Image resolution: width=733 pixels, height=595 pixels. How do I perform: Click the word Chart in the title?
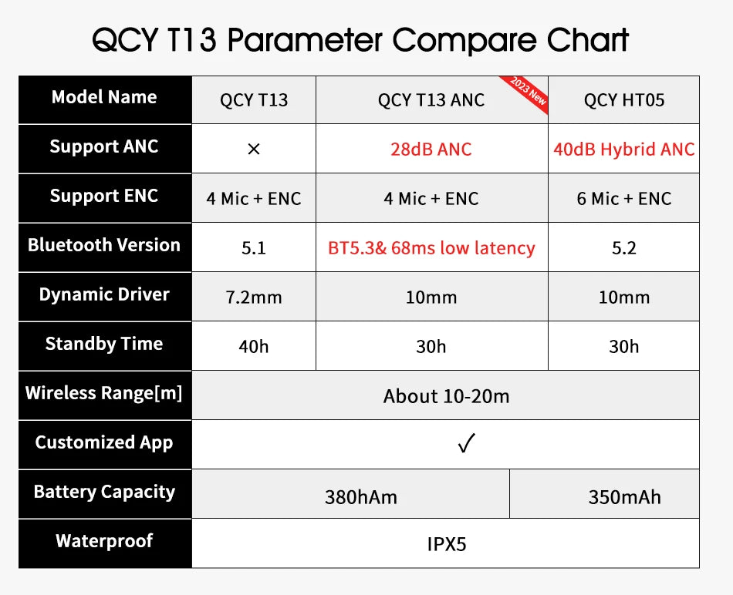coord(588,39)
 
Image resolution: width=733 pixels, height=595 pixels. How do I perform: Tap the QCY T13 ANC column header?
coord(431,100)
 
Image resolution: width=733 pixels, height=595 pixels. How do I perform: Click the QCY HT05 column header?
coord(623,100)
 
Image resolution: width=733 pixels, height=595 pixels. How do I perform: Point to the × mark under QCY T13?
coord(254,150)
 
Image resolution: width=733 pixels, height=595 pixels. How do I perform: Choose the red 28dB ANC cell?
coord(431,150)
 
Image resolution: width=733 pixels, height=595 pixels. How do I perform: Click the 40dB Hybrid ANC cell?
coord(623,150)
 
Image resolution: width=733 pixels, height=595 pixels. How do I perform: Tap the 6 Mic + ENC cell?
coord(623,199)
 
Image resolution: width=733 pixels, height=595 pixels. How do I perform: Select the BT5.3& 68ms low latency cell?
coord(431,248)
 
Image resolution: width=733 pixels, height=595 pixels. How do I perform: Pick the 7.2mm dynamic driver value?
coord(254,297)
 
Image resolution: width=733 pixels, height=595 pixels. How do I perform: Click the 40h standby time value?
coord(254,347)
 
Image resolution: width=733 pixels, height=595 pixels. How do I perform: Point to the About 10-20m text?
coord(446,396)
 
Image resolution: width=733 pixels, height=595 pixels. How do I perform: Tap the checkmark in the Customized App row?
coord(466,444)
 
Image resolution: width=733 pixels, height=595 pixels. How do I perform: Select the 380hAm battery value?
coord(361,497)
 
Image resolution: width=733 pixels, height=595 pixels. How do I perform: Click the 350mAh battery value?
coord(624,497)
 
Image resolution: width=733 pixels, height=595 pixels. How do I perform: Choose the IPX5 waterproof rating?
coord(447,544)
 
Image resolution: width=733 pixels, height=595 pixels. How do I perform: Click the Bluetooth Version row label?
coord(104,245)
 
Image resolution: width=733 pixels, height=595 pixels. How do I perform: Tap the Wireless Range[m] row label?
coord(104,393)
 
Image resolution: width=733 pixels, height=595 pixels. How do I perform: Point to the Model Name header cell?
coord(104,97)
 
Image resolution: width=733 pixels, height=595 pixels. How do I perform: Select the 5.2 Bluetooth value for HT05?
coord(623,248)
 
